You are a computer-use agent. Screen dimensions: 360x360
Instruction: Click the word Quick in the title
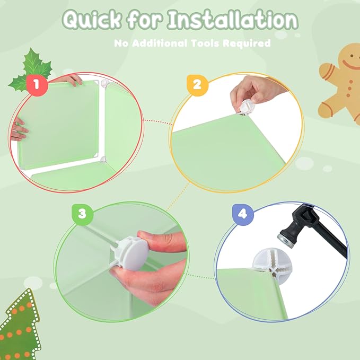point(91,20)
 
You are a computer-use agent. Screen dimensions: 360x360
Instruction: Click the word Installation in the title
point(232,20)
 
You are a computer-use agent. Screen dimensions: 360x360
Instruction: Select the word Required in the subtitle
point(247,43)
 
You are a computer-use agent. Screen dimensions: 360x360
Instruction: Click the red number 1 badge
point(37,85)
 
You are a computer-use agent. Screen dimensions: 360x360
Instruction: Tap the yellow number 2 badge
point(197,85)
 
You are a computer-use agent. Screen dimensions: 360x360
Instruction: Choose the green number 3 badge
point(82,214)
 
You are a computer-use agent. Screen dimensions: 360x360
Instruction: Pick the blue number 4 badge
point(243,214)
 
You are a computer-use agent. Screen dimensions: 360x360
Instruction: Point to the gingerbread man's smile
point(351,65)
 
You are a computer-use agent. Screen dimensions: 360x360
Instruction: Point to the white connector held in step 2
point(245,108)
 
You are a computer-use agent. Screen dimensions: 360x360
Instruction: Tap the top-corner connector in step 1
point(104,83)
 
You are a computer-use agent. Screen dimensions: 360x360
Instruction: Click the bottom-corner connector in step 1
point(103,160)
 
